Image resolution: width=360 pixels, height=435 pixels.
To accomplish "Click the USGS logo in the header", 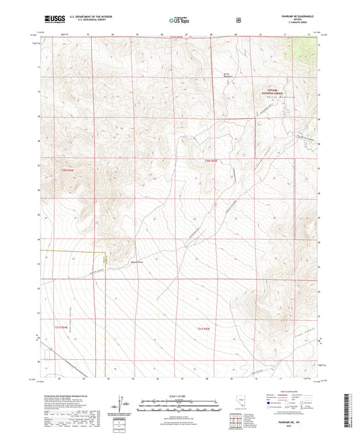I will [52, 19].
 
